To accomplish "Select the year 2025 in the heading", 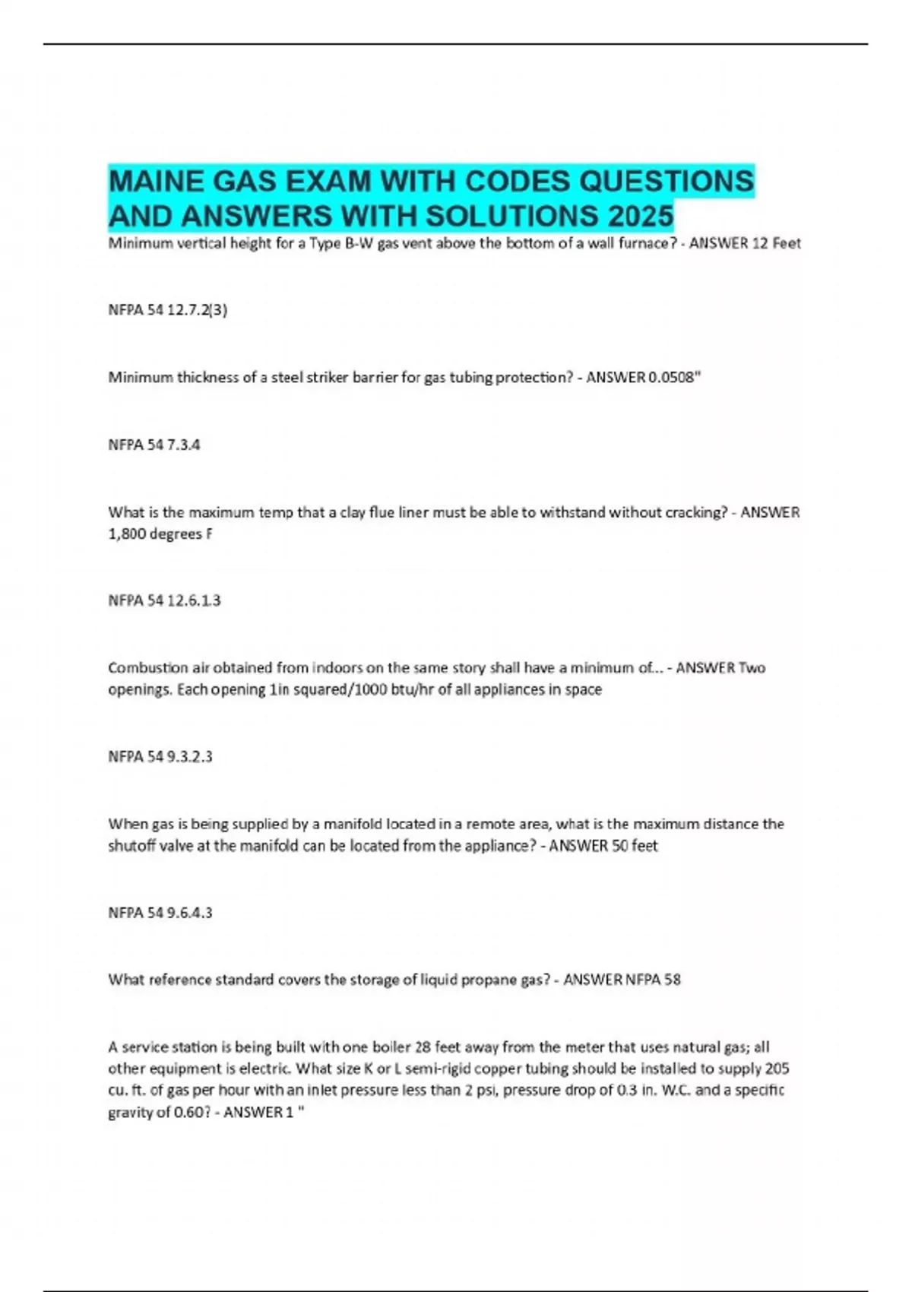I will click(641, 217).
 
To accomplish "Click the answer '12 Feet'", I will click(776, 244).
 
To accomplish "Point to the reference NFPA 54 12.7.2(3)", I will click(168, 310).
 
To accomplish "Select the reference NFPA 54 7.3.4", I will click(154, 445).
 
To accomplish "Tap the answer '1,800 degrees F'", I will click(160, 534).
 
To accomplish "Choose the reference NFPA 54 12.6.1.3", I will click(164, 601).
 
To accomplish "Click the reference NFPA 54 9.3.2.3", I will click(160, 757).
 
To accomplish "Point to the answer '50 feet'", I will click(635, 846).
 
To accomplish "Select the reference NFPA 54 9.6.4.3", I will click(160, 913).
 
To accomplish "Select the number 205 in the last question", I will click(777, 1069).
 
